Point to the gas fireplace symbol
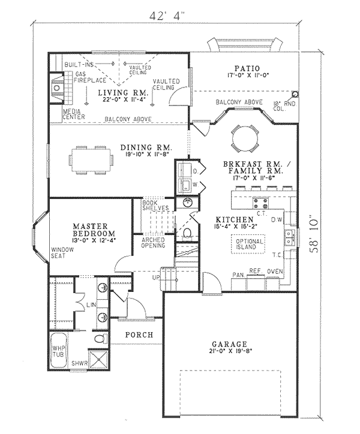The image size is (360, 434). (x=56, y=88)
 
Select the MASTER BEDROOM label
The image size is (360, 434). (x=89, y=228)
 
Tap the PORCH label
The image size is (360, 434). (x=139, y=334)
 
